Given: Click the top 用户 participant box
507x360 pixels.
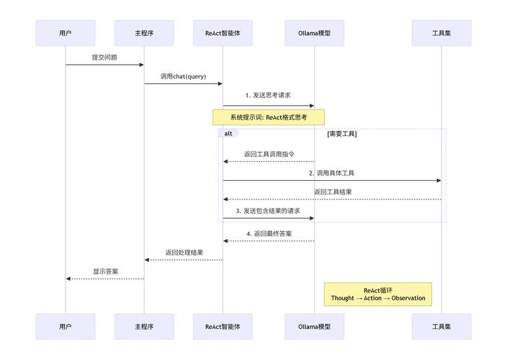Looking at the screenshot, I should point(66,33).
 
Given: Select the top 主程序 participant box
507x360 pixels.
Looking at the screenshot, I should point(144,33).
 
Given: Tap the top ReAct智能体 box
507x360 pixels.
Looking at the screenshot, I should point(223,33).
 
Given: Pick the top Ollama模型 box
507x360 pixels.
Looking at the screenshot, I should point(314,33).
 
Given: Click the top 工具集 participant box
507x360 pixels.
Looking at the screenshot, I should point(441,33).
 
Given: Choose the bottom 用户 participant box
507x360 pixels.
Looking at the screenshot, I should point(66,326).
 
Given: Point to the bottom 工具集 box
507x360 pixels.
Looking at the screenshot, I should point(441,326).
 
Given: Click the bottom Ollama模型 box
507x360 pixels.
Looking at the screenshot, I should point(314,326).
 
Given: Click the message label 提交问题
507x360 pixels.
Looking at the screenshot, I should point(104,57).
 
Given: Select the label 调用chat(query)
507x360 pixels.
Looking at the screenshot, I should point(183,76).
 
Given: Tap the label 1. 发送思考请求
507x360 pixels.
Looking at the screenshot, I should point(269,95).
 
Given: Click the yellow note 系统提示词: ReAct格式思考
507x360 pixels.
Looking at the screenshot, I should point(269,117).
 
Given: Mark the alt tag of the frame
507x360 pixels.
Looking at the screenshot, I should point(228,133).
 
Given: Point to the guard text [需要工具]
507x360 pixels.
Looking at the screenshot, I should point(341,134).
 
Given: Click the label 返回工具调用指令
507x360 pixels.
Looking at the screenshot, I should point(269,153).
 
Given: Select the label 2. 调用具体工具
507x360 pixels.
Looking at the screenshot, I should point(331,173).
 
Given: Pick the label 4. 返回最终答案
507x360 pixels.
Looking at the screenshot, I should point(269,233).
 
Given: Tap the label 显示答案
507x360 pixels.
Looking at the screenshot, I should point(105,271).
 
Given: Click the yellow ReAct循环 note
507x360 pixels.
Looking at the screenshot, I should point(377,294).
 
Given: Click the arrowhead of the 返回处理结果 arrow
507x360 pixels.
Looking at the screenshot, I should point(147,260).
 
